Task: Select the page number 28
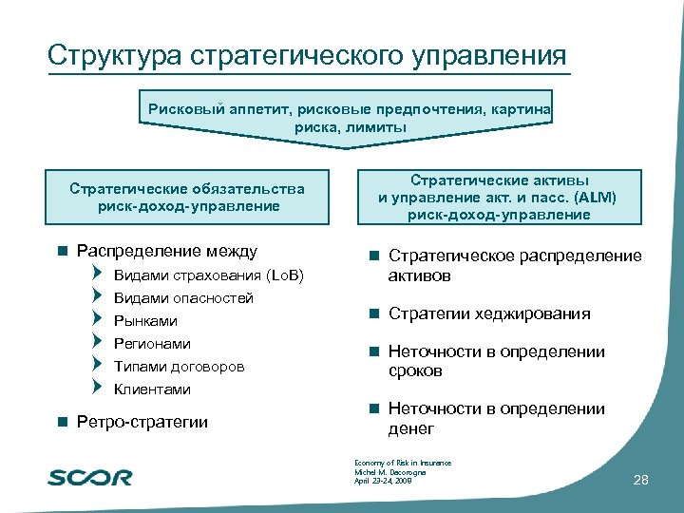pos(640,482)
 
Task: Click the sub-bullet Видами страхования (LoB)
pos(208,275)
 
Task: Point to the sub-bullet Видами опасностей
pos(183,298)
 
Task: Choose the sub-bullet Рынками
pos(145,321)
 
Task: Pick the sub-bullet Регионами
pos(152,344)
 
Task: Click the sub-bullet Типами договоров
pos(179,367)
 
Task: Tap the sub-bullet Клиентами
pos(152,389)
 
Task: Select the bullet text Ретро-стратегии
pos(142,422)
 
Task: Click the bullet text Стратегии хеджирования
pos(489,313)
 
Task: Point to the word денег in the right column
pos(410,428)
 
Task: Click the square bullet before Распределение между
pos(62,252)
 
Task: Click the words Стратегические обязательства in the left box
pos(187,188)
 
